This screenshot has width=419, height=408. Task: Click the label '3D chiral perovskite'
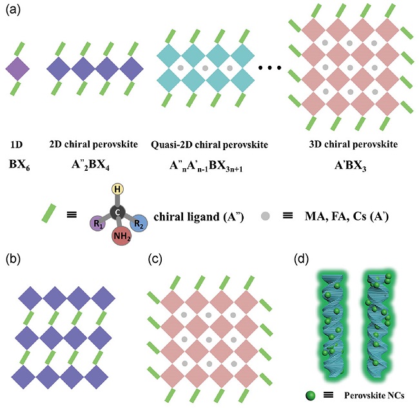pos(347,142)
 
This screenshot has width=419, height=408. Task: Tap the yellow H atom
pos(117,189)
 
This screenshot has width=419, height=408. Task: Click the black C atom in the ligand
pos(118,211)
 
